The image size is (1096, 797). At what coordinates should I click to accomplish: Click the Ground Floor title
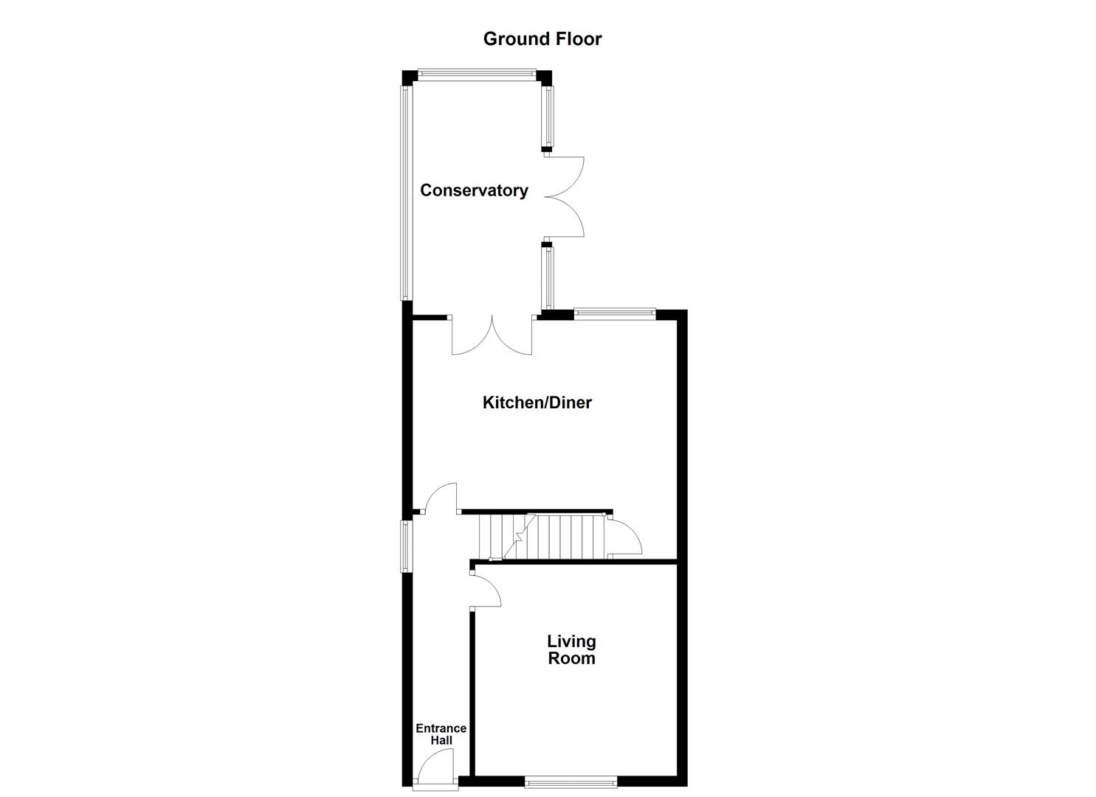[542, 39]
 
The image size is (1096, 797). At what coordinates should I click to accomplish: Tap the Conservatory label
[474, 190]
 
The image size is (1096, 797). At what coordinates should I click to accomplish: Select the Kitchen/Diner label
[537, 402]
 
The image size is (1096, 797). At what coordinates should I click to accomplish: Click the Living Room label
[571, 649]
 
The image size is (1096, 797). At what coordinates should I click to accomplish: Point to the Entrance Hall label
[441, 734]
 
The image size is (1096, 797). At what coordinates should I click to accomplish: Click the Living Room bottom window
[571, 781]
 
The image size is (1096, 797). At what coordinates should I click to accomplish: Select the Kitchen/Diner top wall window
[615, 313]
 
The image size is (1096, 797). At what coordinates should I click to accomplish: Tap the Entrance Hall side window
[406, 545]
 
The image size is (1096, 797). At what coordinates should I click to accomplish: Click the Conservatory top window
[476, 74]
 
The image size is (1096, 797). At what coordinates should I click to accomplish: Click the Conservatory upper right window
[548, 117]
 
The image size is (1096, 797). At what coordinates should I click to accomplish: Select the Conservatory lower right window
[548, 277]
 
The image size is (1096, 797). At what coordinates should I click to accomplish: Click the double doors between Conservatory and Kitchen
[492, 337]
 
